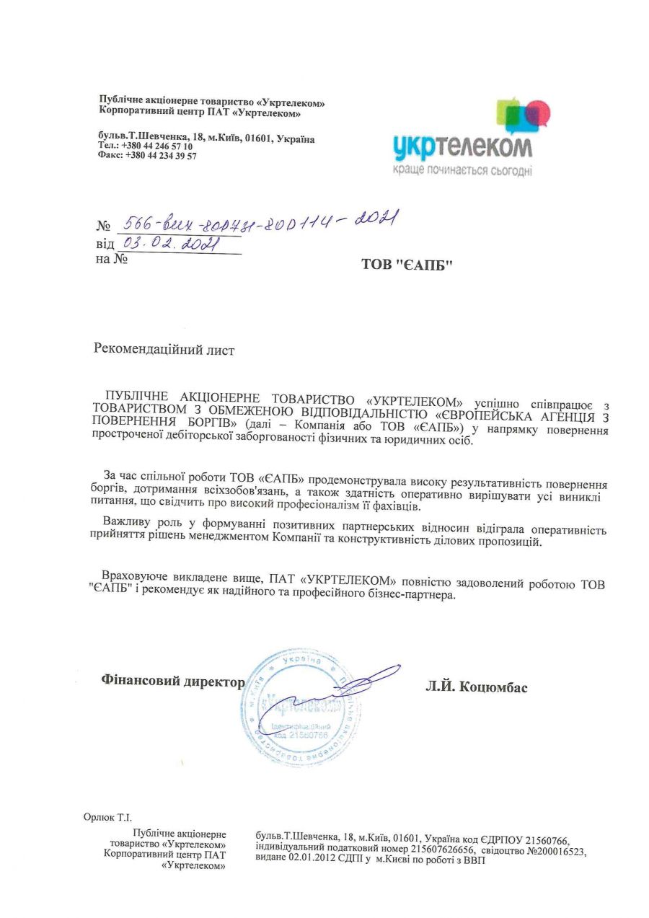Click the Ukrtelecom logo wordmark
click(462, 146)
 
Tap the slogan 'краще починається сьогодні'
click(462, 170)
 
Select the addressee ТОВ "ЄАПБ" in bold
click(407, 265)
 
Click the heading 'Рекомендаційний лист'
click(164, 350)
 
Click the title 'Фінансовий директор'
click(173, 680)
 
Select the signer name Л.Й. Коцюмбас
click(477, 687)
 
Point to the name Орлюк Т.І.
click(108, 817)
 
